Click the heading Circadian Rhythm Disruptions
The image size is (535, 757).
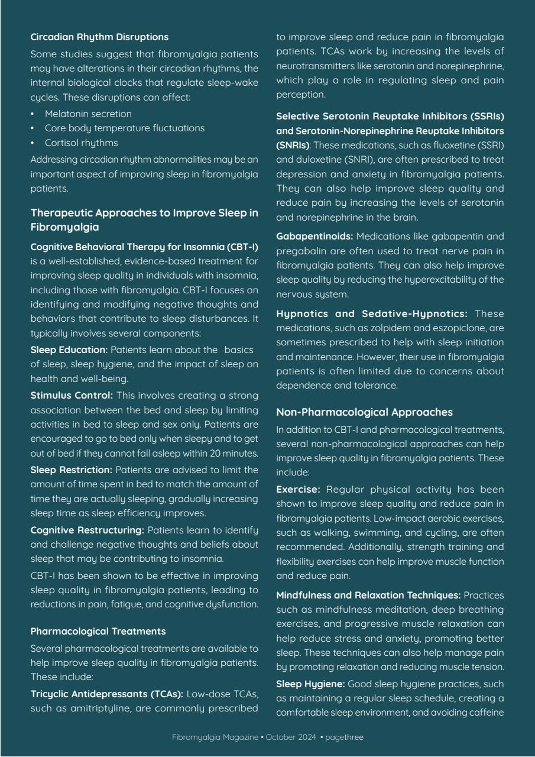coord(99,37)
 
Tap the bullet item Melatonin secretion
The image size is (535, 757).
coord(88,114)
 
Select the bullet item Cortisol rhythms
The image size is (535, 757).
coord(81,143)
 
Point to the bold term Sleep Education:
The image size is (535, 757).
coord(69,350)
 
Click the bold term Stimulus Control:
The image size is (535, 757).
coord(72,395)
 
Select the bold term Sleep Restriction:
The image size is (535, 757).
coord(72,470)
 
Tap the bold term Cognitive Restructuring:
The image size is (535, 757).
coord(87,530)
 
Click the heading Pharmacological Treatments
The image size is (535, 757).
coord(98,631)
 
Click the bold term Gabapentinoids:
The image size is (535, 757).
coord(314,236)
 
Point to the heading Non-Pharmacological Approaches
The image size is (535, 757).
coord(364,412)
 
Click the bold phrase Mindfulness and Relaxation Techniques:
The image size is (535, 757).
coord(368,595)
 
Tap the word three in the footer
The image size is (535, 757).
coord(354,737)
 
